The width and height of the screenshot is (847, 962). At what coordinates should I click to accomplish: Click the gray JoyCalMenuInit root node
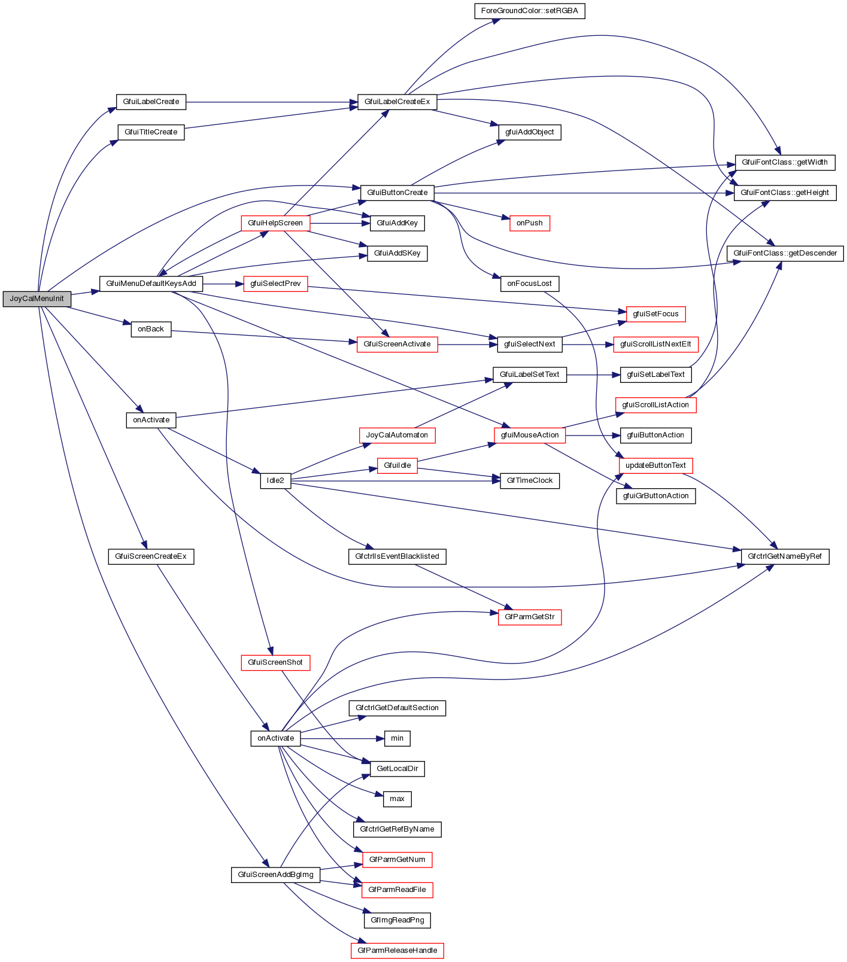(x=37, y=299)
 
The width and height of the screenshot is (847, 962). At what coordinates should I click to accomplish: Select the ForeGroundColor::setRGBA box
(x=529, y=11)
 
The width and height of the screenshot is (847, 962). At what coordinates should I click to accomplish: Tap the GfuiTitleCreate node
(x=151, y=132)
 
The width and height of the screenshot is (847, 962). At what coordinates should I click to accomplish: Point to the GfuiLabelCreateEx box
(x=397, y=102)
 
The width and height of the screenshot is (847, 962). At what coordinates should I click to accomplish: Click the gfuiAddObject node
(x=530, y=132)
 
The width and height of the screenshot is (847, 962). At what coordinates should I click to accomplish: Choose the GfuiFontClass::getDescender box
(x=785, y=253)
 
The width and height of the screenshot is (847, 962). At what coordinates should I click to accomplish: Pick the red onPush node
(x=529, y=223)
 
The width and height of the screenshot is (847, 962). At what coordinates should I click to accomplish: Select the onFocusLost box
(x=529, y=283)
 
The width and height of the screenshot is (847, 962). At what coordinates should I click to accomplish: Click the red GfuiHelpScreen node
(x=275, y=223)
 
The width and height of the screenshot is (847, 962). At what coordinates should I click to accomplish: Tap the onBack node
(x=151, y=328)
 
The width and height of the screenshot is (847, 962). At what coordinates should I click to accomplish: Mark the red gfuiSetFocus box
(x=655, y=313)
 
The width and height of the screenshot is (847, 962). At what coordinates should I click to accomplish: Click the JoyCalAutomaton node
(x=397, y=435)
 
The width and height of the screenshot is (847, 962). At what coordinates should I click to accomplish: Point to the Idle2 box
(x=275, y=480)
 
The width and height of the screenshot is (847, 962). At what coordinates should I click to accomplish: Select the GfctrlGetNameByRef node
(x=785, y=556)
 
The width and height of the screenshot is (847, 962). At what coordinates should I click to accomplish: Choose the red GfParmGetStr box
(x=530, y=616)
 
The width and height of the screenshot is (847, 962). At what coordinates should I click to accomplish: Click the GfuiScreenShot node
(x=275, y=662)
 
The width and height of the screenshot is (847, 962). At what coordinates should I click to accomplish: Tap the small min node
(x=397, y=738)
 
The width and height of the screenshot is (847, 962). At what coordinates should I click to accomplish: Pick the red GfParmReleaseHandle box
(x=397, y=950)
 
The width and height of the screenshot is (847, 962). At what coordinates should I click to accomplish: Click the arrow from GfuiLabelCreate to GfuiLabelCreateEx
(x=269, y=102)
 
